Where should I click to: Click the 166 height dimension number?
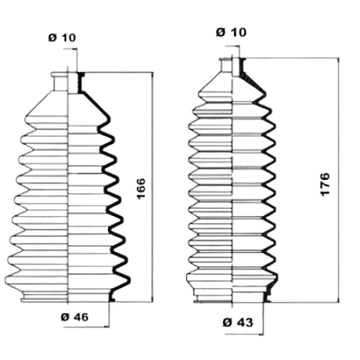coord(141,189)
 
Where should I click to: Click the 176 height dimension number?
coord(325,185)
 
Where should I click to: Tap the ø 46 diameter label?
coord(75,317)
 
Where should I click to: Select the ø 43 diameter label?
coord(238,322)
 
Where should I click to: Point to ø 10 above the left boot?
coord(62,38)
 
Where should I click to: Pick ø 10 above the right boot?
coord(231,32)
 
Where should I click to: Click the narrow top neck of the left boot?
coord(67,82)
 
